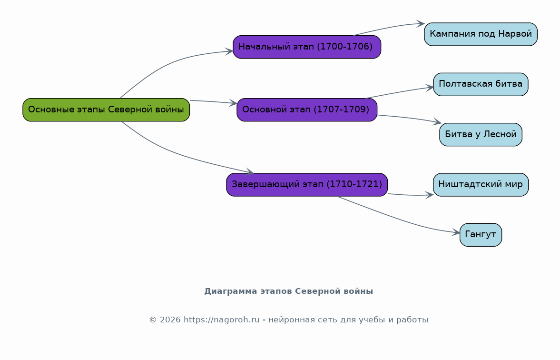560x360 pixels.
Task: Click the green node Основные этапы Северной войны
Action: pyautogui.click(x=106, y=110)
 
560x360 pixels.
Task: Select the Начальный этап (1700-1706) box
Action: pyautogui.click(x=307, y=47)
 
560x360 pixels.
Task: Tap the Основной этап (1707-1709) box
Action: pyautogui.click(x=307, y=110)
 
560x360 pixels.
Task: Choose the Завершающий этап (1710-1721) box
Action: pyautogui.click(x=307, y=185)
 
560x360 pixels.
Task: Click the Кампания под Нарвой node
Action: pyautogui.click(x=481, y=34)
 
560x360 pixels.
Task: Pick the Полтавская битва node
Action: pyautogui.click(x=481, y=84)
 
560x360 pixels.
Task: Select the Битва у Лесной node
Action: pyautogui.click(x=481, y=134)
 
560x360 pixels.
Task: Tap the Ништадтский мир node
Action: pyautogui.click(x=481, y=185)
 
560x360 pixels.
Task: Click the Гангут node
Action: pyautogui.click(x=481, y=235)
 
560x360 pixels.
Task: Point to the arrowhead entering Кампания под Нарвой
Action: pyautogui.click(x=421, y=24)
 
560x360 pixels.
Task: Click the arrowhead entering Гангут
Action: pyautogui.click(x=456, y=233)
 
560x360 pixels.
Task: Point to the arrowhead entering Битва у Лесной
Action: pyautogui.click(x=438, y=123)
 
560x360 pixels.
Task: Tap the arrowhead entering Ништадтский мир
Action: pyautogui.click(x=430, y=195)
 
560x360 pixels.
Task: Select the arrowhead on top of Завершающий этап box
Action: pyautogui.click(x=250, y=172)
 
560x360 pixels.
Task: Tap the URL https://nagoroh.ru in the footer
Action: pyautogui.click(x=221, y=320)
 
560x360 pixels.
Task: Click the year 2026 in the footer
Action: pyautogui.click(x=170, y=320)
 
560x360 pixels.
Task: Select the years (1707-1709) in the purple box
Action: pyautogui.click(x=342, y=110)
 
